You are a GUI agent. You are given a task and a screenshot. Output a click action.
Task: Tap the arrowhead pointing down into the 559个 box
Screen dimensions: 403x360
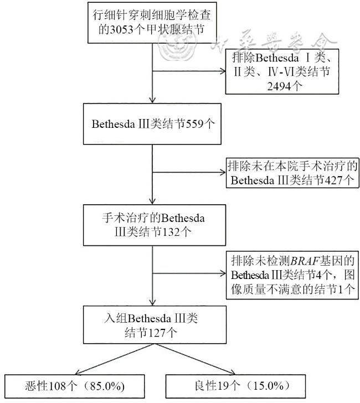pyautogui.click(x=152, y=99)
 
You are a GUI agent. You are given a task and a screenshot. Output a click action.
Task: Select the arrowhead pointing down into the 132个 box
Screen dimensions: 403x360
pyautogui.click(x=152, y=201)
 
